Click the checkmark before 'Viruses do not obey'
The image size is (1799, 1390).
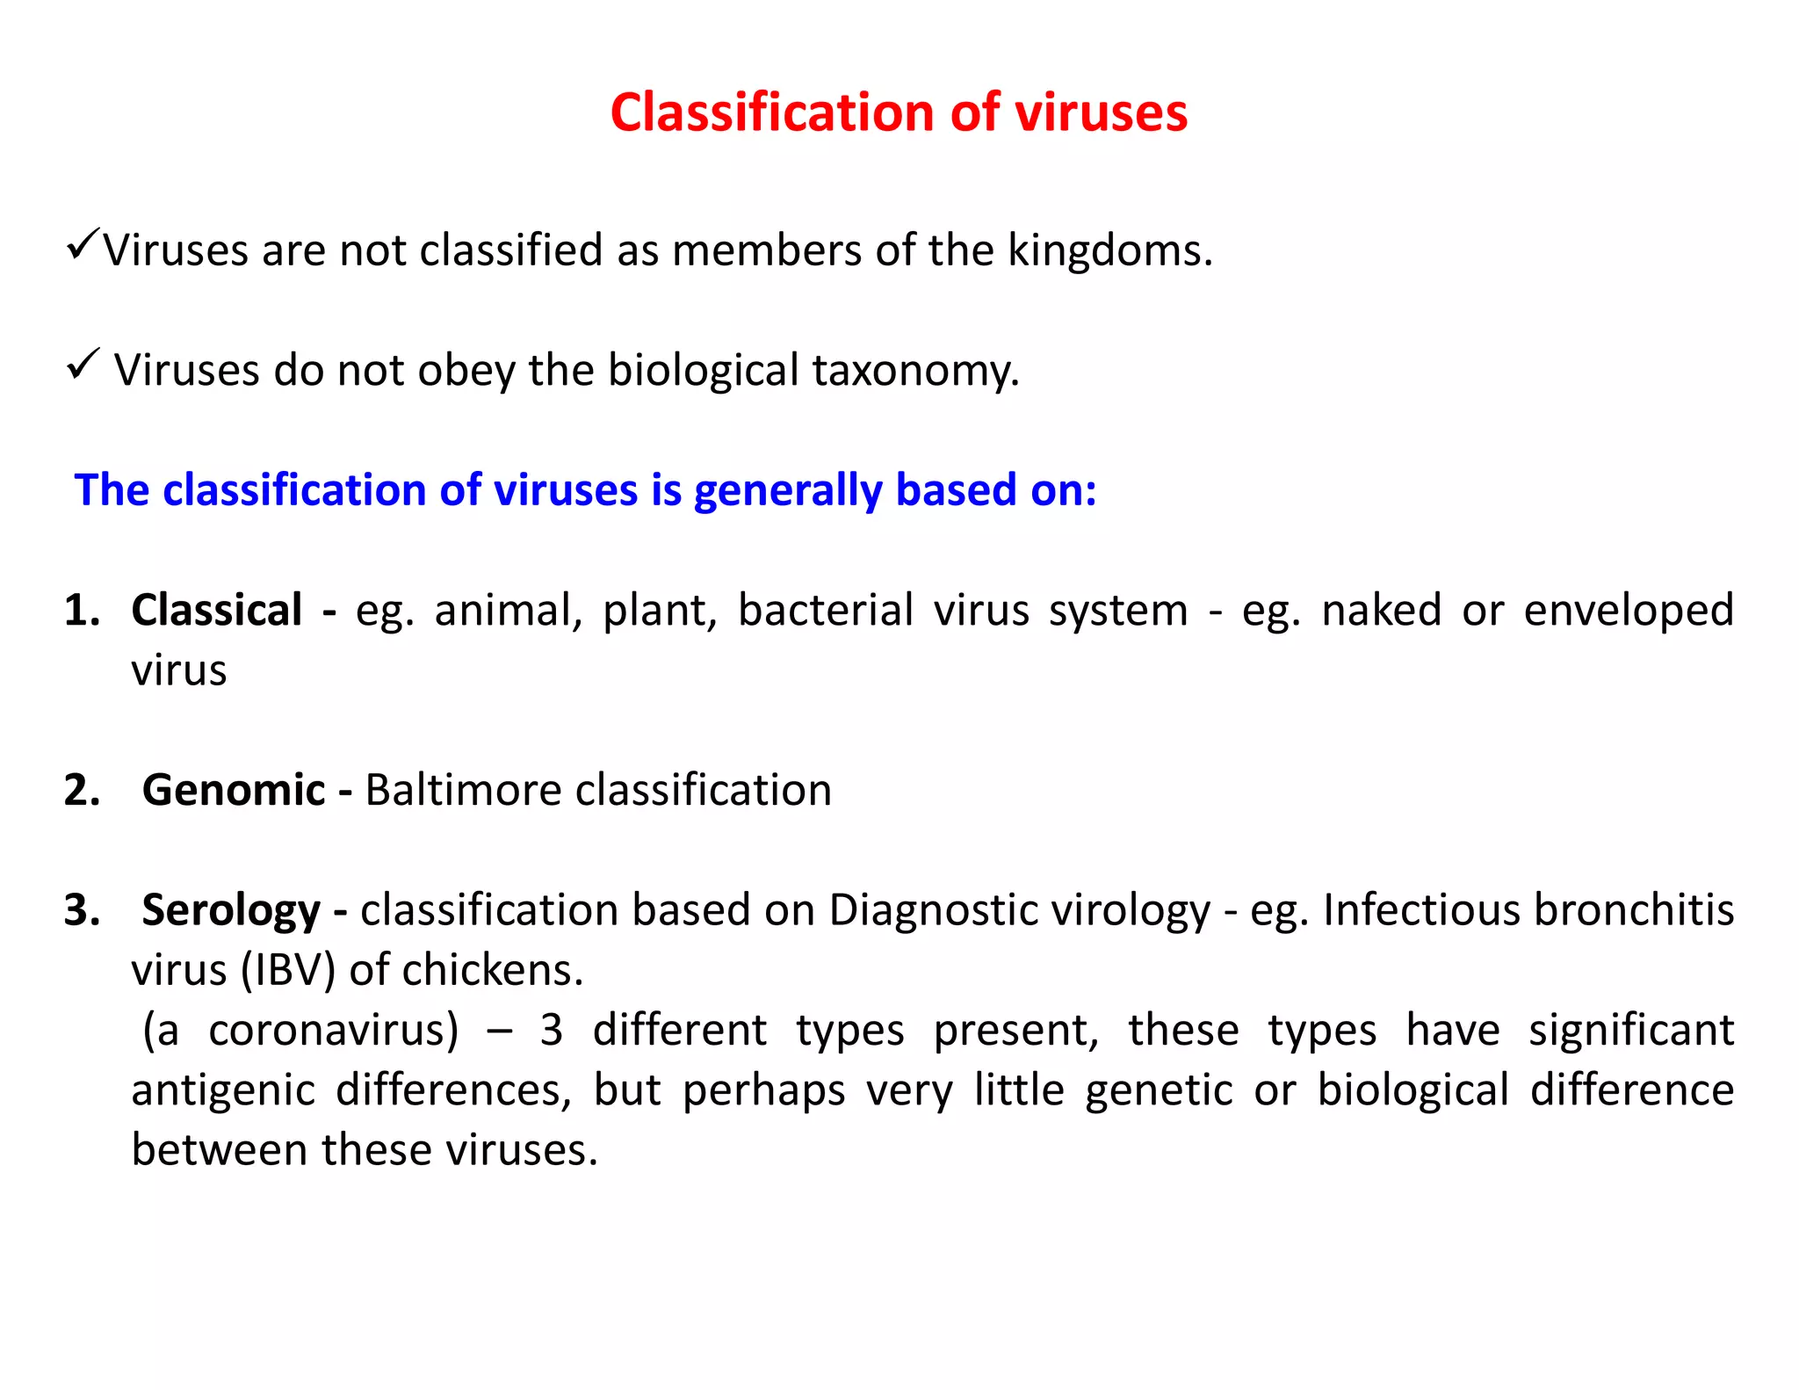83,363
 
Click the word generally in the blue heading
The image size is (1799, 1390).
787,490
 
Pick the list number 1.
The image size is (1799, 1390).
82,610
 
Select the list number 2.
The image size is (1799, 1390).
82,790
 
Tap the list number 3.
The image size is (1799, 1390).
82,909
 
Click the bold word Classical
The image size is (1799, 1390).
216,610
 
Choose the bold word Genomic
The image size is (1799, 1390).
234,790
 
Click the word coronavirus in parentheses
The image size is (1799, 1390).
332,1030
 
